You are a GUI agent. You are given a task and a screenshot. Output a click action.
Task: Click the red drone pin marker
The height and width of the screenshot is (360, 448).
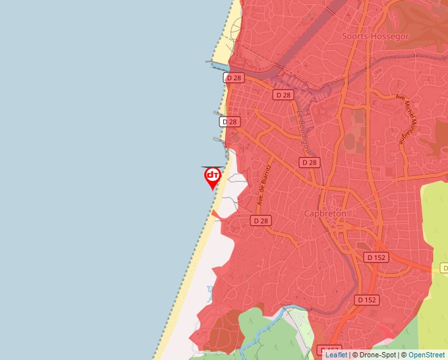click(212, 176)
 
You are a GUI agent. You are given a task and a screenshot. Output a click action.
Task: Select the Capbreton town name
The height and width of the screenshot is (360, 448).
click(325, 214)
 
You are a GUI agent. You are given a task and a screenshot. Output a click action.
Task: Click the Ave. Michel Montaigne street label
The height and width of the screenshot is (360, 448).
click(405, 119)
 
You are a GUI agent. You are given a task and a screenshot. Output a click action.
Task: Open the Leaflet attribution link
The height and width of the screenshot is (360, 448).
click(336, 355)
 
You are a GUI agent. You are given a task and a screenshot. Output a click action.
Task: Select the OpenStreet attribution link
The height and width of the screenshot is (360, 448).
click(426, 355)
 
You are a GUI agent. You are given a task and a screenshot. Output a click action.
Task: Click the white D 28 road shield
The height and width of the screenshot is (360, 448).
click(229, 122)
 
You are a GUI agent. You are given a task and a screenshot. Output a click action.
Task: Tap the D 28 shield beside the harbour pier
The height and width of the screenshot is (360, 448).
click(234, 78)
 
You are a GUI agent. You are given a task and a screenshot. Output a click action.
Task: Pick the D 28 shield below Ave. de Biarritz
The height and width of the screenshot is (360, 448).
click(261, 221)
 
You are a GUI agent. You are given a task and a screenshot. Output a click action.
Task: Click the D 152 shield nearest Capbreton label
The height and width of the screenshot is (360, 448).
click(376, 257)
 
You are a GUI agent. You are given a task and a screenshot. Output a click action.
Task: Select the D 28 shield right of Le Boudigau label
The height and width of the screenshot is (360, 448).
click(308, 163)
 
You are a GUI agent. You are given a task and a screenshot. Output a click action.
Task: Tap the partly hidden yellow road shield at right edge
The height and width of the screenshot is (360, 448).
click(443, 268)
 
